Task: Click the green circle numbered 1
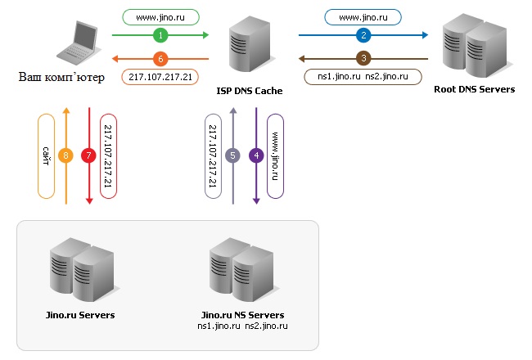(x=160, y=35)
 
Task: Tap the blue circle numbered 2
(x=363, y=35)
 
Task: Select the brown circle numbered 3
(x=363, y=59)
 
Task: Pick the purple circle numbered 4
(x=256, y=155)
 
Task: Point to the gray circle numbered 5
(x=232, y=155)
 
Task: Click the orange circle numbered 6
(x=160, y=59)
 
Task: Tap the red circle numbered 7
(x=89, y=155)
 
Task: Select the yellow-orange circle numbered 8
(x=65, y=155)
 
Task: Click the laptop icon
(x=79, y=43)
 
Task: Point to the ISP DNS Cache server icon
(x=250, y=43)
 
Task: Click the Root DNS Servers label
(x=475, y=89)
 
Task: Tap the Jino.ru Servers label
(x=80, y=315)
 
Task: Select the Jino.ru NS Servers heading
(x=242, y=315)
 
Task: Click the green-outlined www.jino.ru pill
(x=160, y=17)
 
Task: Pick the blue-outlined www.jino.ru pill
(x=363, y=17)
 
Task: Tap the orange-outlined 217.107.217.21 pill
(x=160, y=77)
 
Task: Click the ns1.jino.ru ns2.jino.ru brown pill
(x=363, y=77)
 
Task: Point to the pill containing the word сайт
(x=46, y=156)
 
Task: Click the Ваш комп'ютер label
(x=61, y=78)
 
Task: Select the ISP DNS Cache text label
(x=250, y=91)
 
